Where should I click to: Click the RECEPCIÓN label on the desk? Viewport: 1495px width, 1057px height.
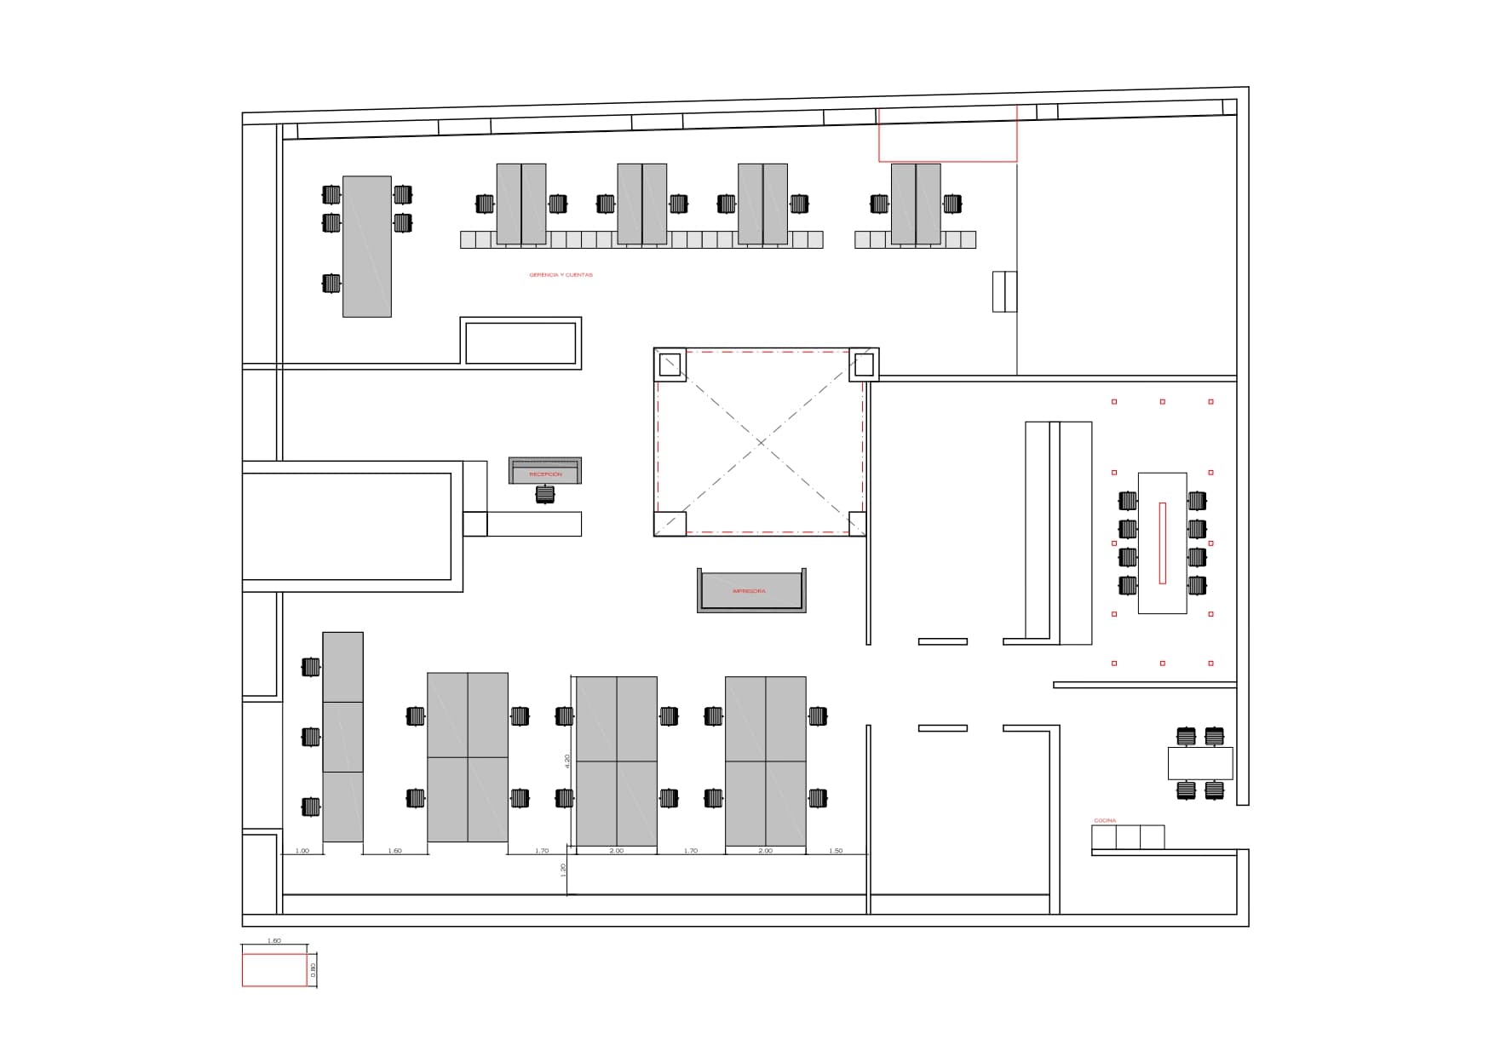(545, 474)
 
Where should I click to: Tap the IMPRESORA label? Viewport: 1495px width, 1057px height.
(749, 591)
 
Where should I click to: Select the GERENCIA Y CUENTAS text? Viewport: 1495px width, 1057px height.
(561, 275)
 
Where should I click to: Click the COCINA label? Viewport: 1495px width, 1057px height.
(1105, 821)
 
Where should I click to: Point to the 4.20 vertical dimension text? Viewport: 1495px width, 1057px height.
(567, 760)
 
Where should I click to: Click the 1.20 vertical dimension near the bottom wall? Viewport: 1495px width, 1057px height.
(563, 870)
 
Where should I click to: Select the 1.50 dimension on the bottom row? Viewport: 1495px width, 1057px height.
(836, 851)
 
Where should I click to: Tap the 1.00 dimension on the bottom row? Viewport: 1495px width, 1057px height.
(302, 851)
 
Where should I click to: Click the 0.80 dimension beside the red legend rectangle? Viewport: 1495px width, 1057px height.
(313, 969)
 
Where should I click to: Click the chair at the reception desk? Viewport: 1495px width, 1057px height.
(545, 494)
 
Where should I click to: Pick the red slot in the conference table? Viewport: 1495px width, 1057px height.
(1162, 543)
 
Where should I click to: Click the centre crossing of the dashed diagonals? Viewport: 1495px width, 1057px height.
(760, 442)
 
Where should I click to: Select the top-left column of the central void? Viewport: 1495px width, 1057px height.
(670, 365)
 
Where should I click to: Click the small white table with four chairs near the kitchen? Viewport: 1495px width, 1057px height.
(1199, 762)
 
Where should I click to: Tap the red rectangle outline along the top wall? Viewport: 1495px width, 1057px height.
(947, 135)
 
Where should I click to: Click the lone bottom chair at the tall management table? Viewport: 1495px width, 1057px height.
(331, 283)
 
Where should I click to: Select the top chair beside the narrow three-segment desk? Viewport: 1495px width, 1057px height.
(311, 667)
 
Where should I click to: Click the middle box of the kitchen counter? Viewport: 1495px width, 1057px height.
(1128, 837)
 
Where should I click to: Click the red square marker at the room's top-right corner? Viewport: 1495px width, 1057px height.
(1210, 402)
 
